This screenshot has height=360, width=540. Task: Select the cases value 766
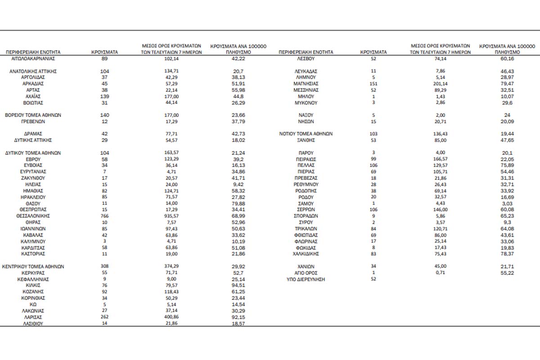104,216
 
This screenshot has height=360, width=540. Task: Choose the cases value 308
104,266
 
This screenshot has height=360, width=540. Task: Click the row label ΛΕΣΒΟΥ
306,58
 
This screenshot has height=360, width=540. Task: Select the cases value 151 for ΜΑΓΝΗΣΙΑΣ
373,84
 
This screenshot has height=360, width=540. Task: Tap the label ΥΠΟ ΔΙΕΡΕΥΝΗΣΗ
306,279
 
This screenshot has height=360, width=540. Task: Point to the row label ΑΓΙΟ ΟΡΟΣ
306,273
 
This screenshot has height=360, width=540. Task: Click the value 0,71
441,273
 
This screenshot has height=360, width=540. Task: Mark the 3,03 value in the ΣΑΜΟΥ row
507,203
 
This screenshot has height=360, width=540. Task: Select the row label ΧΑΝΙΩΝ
306,266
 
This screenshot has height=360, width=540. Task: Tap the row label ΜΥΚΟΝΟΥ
306,103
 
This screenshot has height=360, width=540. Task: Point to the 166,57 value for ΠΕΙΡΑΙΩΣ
441,159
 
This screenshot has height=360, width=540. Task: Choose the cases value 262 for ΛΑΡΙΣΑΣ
104,317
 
